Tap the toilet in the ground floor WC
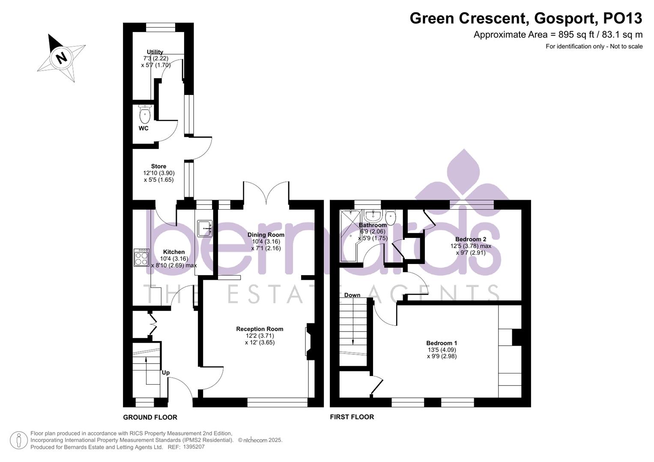click(145, 114)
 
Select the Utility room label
click(155, 52)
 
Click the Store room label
click(158, 166)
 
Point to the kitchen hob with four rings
click(141, 258)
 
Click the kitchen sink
click(204, 228)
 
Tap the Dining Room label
click(266, 235)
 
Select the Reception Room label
click(260, 329)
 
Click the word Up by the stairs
click(166, 373)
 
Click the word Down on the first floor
click(352, 295)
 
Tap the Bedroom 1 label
click(442, 343)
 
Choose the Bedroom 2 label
click(471, 239)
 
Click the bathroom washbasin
click(373, 215)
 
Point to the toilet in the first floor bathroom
click(391, 217)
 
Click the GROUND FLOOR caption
click(150, 417)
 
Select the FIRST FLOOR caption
click(352, 417)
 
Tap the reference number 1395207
click(194, 447)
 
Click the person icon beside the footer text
click(18, 440)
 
